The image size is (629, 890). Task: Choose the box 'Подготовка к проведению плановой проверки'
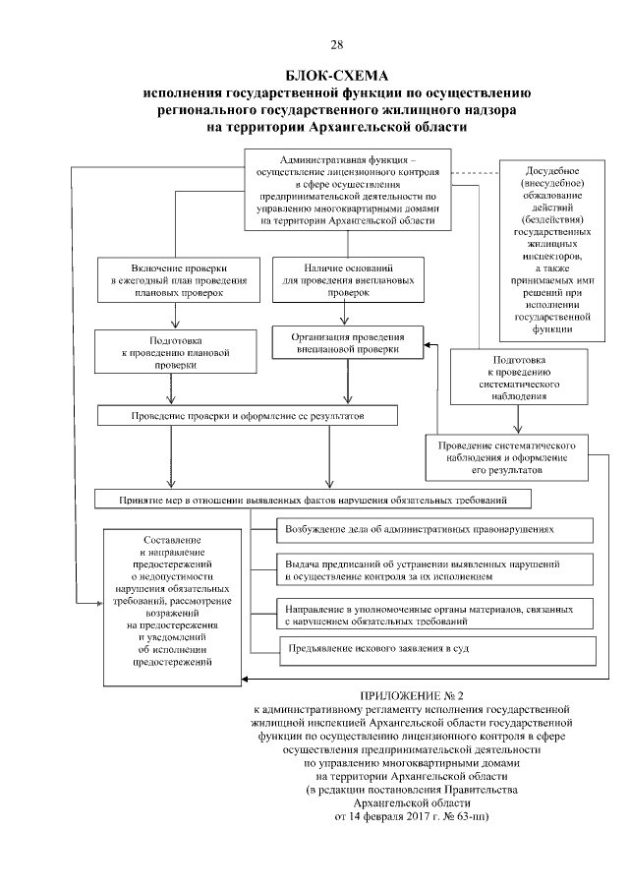pos(175,350)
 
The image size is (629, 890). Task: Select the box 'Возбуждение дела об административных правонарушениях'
pos(432,528)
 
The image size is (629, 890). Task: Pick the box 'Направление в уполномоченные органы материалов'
pos(432,615)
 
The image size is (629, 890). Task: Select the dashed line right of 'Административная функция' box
pos(476,174)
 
